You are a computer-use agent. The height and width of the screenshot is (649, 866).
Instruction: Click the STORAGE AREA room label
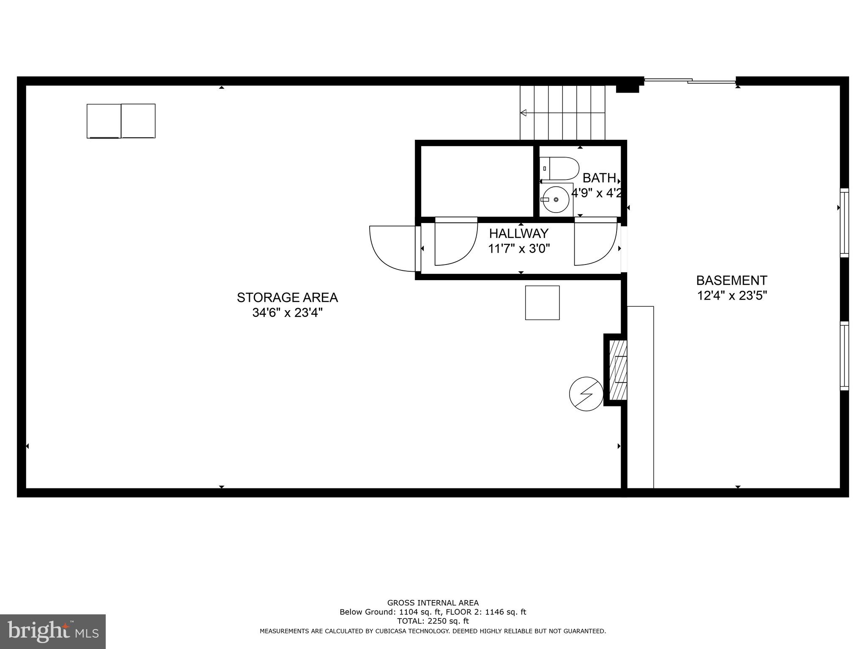287,298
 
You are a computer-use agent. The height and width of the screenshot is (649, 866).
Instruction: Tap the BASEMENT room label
732,281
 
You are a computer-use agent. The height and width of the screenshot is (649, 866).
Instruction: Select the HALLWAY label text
518,234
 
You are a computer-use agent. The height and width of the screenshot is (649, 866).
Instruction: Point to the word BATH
599,178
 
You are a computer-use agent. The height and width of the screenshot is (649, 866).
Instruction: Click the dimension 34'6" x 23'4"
287,313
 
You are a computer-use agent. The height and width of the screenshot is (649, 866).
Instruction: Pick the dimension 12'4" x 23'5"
732,295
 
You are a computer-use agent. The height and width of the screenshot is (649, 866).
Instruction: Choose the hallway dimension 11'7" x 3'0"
519,249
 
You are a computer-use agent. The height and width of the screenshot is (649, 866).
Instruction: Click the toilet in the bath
560,169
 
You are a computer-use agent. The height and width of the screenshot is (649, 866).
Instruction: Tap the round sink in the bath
556,199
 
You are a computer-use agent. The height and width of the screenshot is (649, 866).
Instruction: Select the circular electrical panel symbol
586,394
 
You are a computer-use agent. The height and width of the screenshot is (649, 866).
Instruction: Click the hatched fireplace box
618,370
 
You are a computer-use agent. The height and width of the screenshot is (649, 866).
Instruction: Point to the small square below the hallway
542,303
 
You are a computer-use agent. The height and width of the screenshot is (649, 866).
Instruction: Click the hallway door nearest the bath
594,243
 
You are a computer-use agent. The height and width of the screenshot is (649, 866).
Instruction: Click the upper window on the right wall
844,223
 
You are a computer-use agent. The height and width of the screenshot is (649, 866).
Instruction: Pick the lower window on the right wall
844,355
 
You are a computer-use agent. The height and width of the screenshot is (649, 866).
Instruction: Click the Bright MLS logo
53,631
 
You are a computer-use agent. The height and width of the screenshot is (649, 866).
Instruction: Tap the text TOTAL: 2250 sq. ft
433,621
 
